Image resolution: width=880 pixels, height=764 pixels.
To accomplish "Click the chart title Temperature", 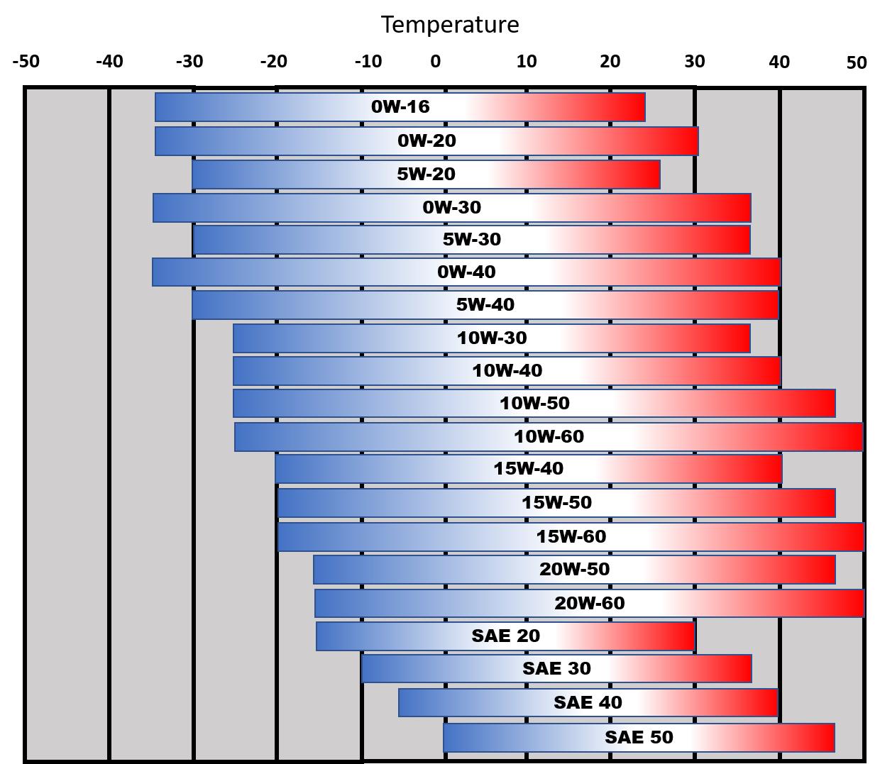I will [x=450, y=25].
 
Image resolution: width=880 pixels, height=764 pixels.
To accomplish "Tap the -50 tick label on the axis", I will [x=26, y=62].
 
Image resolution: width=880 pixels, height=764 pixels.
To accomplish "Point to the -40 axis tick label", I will [x=109, y=62].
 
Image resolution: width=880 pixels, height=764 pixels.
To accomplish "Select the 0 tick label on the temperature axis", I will [x=435, y=62].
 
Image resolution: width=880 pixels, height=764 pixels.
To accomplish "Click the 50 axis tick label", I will [x=856, y=63].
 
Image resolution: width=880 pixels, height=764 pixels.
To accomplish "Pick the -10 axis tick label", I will [x=368, y=62].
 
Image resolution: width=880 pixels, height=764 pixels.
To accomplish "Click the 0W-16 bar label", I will [x=400, y=106].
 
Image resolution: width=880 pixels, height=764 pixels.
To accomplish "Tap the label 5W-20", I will [x=426, y=175].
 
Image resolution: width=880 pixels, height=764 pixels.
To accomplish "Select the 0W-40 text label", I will [x=466, y=272].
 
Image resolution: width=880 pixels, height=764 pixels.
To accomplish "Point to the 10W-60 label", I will [x=549, y=436].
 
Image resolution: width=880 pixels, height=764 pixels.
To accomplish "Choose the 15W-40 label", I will [x=528, y=468].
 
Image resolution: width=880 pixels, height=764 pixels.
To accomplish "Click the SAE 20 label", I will [x=505, y=636].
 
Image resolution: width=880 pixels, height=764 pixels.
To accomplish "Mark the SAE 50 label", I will [x=638, y=737].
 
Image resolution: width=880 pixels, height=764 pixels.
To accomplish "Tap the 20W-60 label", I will [x=589, y=603].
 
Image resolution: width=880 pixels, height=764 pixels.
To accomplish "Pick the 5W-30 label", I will [x=472, y=239].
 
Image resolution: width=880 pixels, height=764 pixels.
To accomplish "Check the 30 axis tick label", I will [x=695, y=62].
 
